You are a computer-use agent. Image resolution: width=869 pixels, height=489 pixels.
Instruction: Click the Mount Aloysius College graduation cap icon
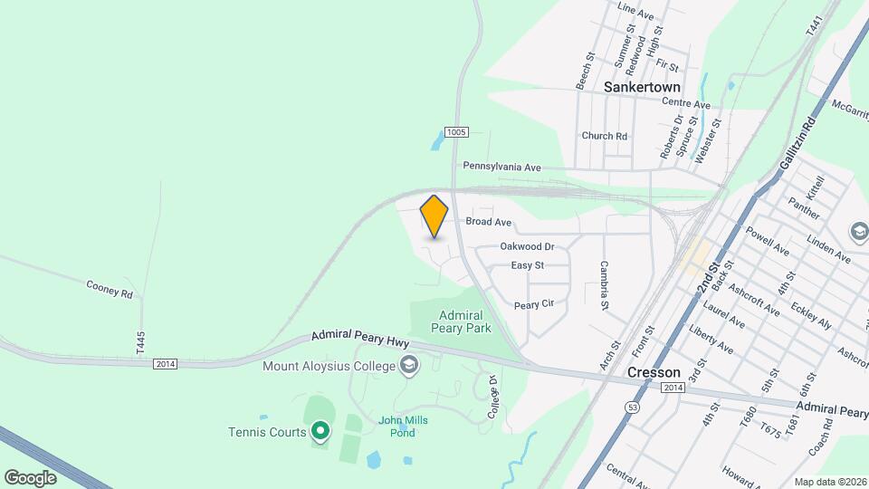point(409,366)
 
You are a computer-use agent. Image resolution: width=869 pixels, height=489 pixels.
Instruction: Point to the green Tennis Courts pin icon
point(319,431)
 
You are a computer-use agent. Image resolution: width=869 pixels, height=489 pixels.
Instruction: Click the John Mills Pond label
point(403,426)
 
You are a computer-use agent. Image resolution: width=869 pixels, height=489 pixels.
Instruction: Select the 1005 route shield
point(456,132)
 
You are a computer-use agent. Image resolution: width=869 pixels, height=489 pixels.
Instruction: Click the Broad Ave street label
point(489,222)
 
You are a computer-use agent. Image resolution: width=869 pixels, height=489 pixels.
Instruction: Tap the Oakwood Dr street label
point(527,246)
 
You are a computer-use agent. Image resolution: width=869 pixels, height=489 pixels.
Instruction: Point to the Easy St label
point(527,265)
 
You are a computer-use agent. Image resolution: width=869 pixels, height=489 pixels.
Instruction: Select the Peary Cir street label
point(533,305)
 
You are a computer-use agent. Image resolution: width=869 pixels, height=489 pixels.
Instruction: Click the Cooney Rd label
point(110,290)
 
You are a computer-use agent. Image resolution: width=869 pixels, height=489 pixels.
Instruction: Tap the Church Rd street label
point(605,136)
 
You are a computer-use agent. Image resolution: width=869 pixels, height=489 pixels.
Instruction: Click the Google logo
point(30,477)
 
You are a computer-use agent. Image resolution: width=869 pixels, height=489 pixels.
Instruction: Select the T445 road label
point(140,342)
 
